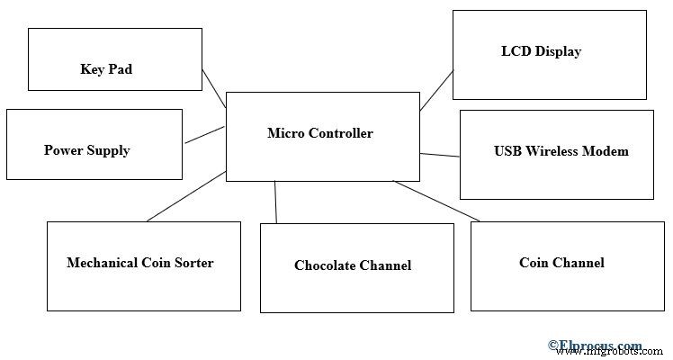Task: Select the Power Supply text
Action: click(x=86, y=150)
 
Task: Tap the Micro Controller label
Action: click(x=319, y=133)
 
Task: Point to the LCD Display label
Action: click(x=541, y=51)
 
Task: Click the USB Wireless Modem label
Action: click(x=561, y=151)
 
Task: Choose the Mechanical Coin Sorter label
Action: click(x=139, y=263)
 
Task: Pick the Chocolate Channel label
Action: click(x=352, y=265)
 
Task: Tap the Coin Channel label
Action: click(x=561, y=263)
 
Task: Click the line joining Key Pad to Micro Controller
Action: click(x=214, y=88)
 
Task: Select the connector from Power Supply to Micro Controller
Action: click(x=204, y=135)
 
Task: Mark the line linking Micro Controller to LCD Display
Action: click(x=436, y=90)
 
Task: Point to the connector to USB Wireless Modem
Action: click(x=439, y=156)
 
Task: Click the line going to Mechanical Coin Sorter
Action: click(x=186, y=196)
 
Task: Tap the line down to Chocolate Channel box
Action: click(x=275, y=202)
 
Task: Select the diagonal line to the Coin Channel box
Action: click(x=436, y=201)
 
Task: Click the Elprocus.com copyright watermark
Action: click(x=595, y=345)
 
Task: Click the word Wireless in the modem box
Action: click(x=556, y=151)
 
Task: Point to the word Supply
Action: click(x=108, y=150)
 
